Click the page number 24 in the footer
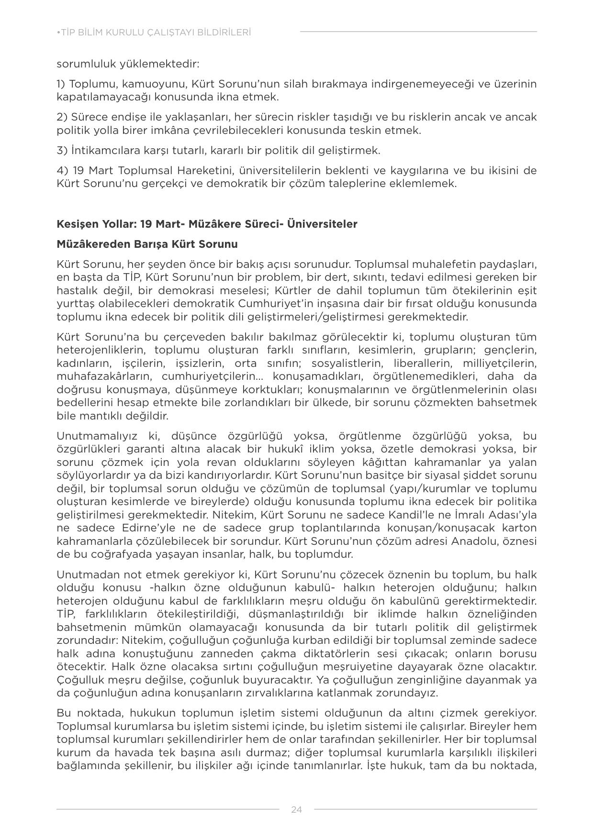tap(296, 809)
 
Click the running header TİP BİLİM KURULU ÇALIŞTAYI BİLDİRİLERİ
tap(154, 33)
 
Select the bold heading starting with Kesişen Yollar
tap(207, 224)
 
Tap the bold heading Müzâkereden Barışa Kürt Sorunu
tap(147, 244)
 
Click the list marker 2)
tap(62, 117)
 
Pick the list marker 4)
tap(62, 171)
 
